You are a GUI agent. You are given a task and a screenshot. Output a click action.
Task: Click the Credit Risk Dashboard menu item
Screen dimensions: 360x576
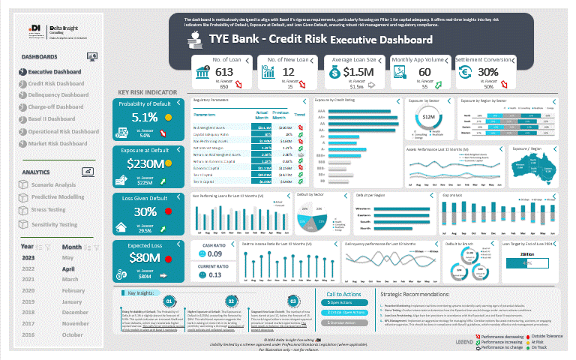click(56, 83)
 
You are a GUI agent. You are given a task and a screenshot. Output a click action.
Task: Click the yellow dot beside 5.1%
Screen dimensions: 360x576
click(169, 118)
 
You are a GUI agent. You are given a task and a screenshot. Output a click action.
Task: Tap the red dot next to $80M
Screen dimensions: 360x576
click(169, 258)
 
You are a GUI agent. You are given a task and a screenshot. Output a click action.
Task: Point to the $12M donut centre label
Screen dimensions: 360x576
click(428, 117)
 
